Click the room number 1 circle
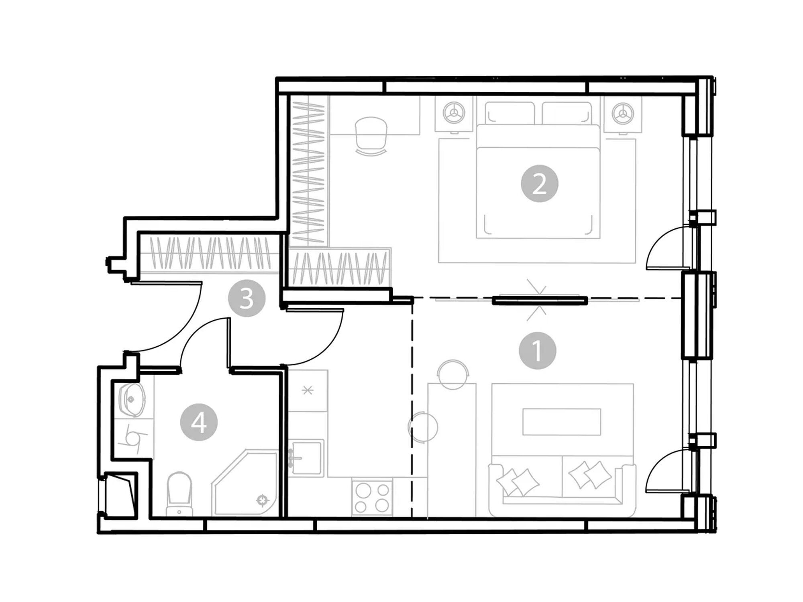click(537, 350)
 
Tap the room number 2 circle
click(539, 184)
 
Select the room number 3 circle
click(247, 298)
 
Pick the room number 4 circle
click(199, 422)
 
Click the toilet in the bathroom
click(179, 494)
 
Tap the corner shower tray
click(245, 482)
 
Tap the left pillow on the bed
click(510, 113)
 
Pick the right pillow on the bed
click(567, 113)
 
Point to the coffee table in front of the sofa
click(562, 422)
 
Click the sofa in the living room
click(562, 486)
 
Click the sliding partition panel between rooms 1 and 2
click(540, 300)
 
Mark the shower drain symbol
click(262, 500)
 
